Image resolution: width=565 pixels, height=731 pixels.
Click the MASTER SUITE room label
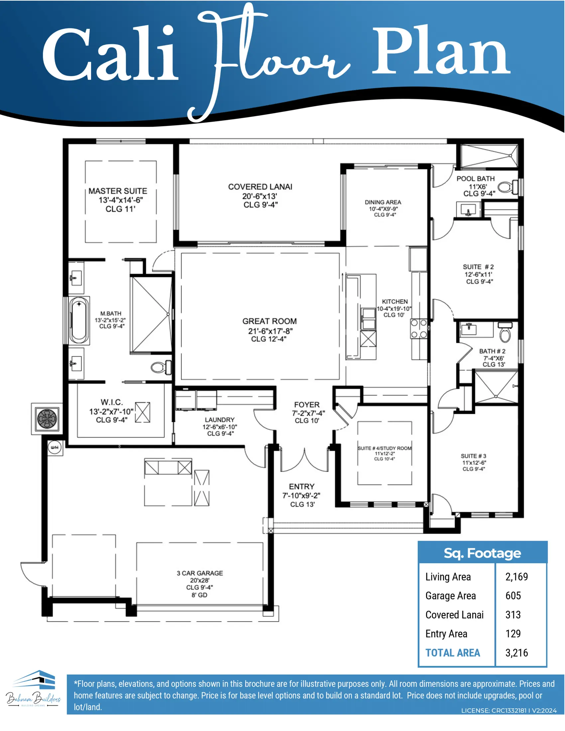pos(118,191)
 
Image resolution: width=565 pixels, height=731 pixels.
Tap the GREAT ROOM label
pos(270,321)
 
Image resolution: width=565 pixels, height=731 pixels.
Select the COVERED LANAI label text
pos(260,187)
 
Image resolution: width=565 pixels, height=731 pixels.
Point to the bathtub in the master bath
pos(79,320)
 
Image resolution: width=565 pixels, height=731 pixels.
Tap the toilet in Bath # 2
pos(505,332)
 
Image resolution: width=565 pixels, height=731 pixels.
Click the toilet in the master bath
pos(161,367)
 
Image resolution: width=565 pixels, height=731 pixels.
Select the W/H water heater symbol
pos(55,447)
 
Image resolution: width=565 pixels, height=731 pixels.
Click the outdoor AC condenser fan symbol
pos(47,419)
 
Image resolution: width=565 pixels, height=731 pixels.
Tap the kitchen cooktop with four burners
pos(419,329)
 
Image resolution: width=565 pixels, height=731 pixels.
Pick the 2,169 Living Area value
pos(516,577)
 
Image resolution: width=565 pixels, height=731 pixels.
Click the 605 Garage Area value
pos(513,596)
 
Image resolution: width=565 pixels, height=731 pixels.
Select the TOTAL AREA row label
pos(453,653)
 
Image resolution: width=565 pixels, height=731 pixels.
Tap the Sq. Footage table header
pos(482,553)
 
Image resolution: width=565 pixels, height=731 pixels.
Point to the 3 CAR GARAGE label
pos(200,573)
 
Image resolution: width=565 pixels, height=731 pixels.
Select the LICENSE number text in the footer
pos(509,711)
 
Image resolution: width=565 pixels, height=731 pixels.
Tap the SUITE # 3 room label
pos(473,456)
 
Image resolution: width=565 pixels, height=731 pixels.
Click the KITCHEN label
pos(395,302)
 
